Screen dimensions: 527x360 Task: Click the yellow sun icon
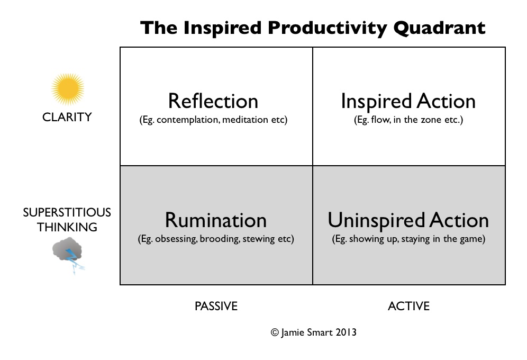click(68, 89)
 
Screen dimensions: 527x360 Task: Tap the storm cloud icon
click(67, 249)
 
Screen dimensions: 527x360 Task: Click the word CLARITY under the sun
click(67, 117)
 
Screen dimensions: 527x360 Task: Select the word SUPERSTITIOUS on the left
click(67, 212)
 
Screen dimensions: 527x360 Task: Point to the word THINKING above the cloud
click(67, 227)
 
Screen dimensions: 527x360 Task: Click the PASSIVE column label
click(216, 306)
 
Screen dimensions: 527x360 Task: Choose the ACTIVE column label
click(408, 306)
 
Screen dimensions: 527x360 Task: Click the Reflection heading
click(213, 101)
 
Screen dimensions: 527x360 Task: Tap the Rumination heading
click(216, 220)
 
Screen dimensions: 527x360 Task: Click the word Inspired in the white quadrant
click(376, 102)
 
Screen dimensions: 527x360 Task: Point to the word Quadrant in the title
click(440, 28)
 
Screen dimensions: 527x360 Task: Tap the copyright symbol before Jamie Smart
click(275, 332)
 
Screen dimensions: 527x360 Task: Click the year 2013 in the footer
click(346, 332)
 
